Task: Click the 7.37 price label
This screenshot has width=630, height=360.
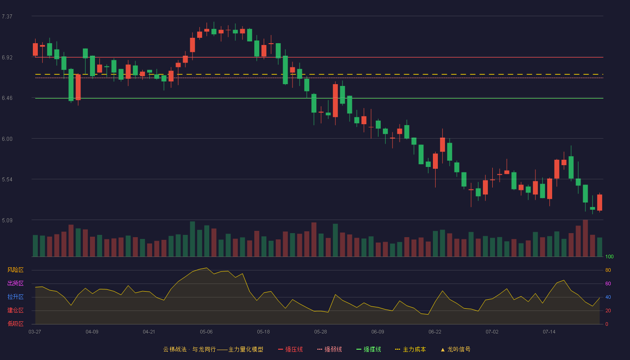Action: tap(7, 17)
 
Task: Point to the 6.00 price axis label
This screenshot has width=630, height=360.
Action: tap(7, 139)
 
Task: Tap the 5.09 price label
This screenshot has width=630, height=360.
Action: tap(7, 220)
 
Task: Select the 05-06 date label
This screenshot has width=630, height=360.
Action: tap(206, 332)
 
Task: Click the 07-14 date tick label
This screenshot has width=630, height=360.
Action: tap(549, 332)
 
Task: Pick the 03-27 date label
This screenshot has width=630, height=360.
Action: tap(35, 332)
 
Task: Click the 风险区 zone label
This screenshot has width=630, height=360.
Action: tap(15, 270)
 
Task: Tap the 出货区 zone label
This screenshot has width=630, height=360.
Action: tap(15, 283)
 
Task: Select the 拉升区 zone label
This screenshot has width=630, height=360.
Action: tap(15, 297)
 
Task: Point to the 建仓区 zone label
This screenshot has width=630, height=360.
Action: tap(15, 310)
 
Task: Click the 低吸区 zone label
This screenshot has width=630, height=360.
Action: tap(15, 324)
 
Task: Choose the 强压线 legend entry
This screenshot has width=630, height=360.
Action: tap(290, 349)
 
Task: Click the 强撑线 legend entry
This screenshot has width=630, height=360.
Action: tap(369, 349)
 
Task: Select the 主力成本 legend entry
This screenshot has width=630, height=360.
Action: tap(410, 349)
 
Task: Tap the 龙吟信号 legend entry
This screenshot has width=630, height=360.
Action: tap(455, 349)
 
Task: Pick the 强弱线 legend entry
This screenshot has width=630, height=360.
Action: tap(329, 349)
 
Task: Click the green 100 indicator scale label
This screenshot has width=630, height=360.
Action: tap(609, 256)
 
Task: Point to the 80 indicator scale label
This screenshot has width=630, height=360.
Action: tap(608, 270)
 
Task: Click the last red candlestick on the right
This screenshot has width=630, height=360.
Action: tap(599, 202)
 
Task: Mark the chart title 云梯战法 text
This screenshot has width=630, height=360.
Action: tap(175, 349)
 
